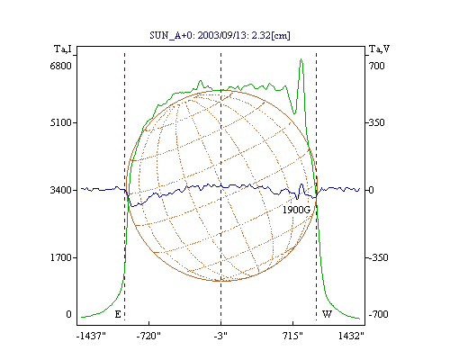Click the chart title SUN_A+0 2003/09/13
pos(220,35)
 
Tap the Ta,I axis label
pos(63,49)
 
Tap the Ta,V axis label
pos(379,49)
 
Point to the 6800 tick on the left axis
pos(61,66)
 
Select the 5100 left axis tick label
pos(61,122)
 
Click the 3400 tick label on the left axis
pos(61,190)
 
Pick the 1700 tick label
pos(61,257)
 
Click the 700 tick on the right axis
pos(376,66)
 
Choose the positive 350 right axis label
pos(376,122)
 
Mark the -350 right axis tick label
pos(378,257)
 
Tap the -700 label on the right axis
pos(378,314)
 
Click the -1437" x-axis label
pos(91,336)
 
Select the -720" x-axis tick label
pos(148,336)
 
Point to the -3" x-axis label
pos(220,336)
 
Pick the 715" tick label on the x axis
pos(292,336)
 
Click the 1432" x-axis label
pos(351,336)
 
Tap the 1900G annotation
pos(296,210)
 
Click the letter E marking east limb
pos(118,314)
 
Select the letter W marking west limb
pos(327,314)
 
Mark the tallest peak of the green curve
pos(301,59)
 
